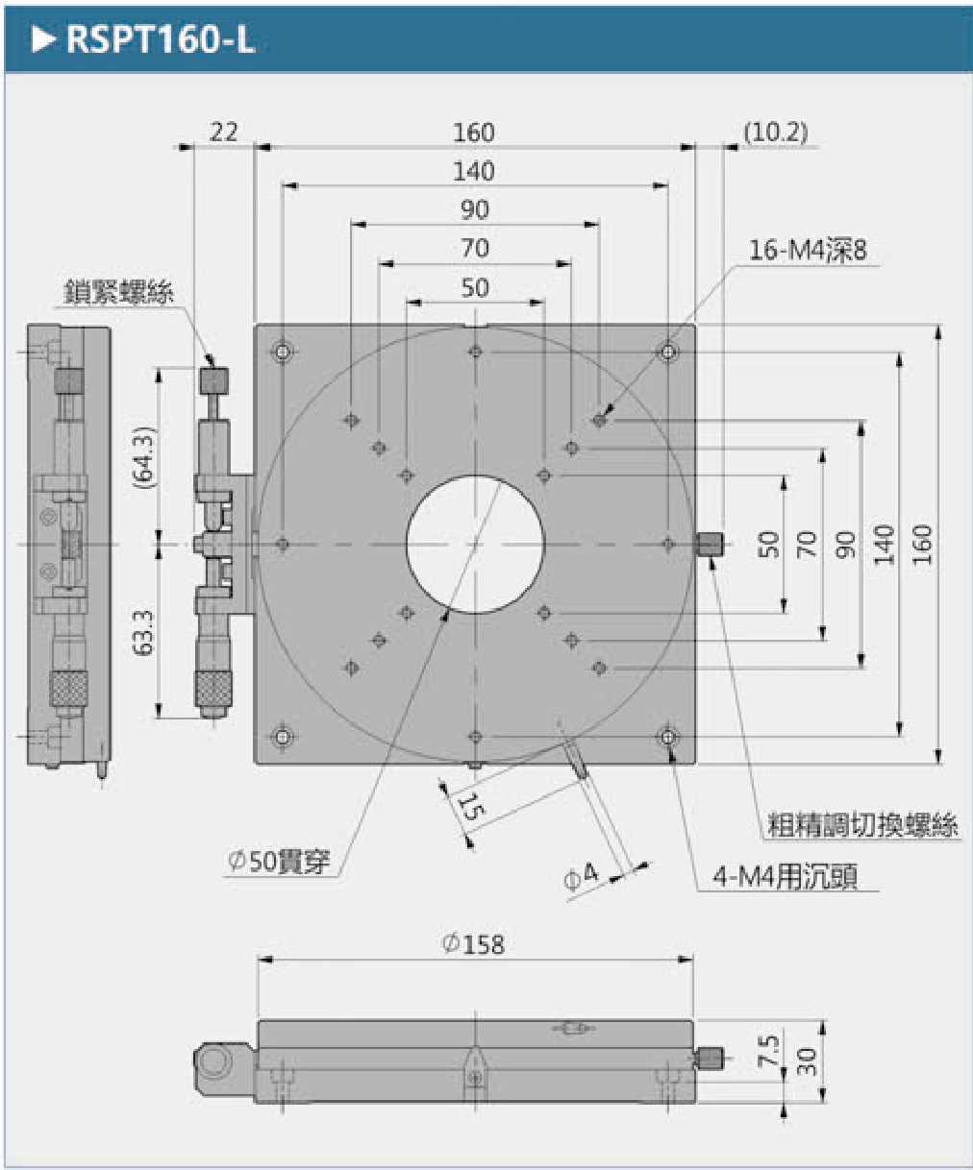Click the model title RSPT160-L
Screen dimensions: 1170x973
[x=160, y=40]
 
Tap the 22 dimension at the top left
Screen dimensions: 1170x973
[x=223, y=131]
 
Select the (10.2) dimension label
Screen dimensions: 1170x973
[x=776, y=132]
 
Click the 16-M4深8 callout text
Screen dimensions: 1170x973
[x=808, y=251]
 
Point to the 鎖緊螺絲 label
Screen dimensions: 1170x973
[x=119, y=291]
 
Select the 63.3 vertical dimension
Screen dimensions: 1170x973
[x=143, y=631]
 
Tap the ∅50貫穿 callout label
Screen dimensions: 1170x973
[x=280, y=862]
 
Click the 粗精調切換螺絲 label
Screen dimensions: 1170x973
[x=862, y=824]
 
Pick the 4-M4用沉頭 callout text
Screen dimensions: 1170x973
[x=785, y=876]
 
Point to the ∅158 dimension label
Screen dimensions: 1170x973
[x=473, y=944]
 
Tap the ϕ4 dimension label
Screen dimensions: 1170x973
[x=581, y=876]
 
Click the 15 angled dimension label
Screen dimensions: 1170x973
[x=469, y=806]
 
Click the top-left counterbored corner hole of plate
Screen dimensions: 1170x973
[x=283, y=353]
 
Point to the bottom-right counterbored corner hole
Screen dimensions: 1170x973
[x=667, y=737]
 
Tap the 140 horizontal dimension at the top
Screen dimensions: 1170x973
[x=473, y=171]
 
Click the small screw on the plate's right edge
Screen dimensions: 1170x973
[x=710, y=545]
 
